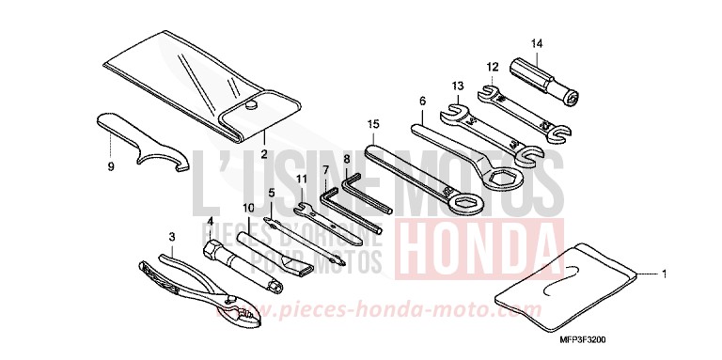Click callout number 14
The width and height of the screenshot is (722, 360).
point(537,43)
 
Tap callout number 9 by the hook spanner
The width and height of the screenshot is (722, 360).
point(111,166)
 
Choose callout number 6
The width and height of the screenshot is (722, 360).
point(423,101)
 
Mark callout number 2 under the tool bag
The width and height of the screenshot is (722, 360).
point(264,153)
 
